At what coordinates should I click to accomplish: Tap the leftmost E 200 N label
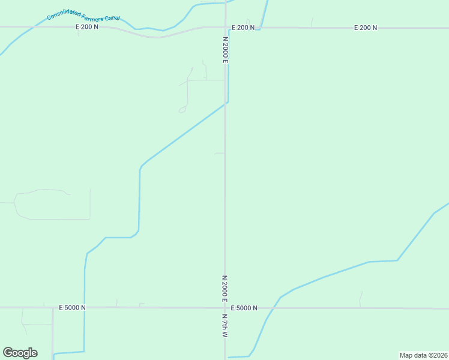tap(87, 27)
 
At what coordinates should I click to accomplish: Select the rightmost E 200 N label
tap(366, 28)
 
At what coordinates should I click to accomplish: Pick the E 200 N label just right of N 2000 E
tap(243, 28)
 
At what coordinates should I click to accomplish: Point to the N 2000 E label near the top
tap(226, 50)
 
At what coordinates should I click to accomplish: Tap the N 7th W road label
tap(225, 326)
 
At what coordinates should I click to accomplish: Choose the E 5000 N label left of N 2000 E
tap(73, 307)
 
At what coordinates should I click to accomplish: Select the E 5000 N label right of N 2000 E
tap(243, 308)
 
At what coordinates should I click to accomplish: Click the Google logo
tap(20, 353)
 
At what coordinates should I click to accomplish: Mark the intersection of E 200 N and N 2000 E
tap(226, 27)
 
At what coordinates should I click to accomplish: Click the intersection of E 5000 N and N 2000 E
tap(225, 308)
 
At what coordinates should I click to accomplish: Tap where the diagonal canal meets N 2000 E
tap(226, 103)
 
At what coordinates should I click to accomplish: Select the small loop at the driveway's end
tap(182, 110)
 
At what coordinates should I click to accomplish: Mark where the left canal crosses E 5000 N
tap(85, 308)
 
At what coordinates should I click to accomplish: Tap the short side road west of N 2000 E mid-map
tap(219, 154)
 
